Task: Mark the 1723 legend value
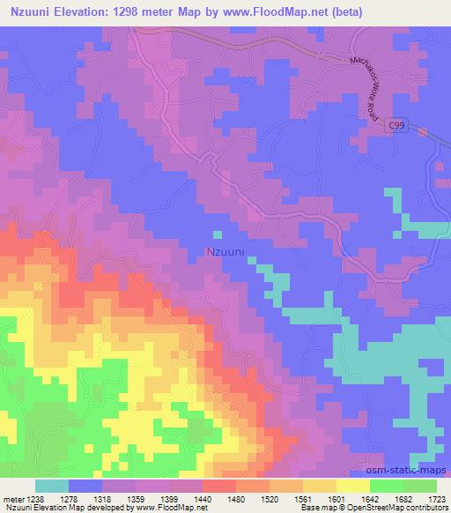(x=437, y=497)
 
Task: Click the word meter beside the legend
(x=14, y=497)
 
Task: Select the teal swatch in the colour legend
(x=52, y=486)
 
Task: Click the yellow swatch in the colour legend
(x=351, y=486)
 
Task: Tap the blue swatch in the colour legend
(x=85, y=486)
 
